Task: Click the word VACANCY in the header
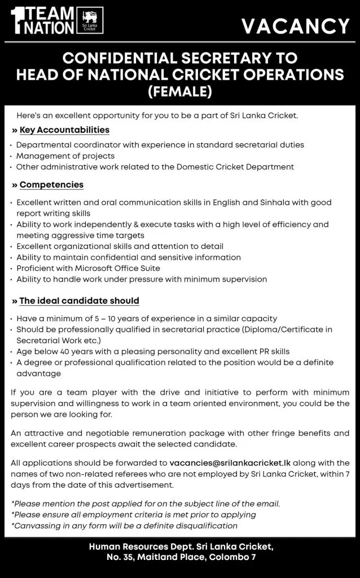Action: (296, 27)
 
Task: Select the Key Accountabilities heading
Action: (64, 130)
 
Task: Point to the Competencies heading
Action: (51, 185)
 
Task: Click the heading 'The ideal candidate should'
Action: (79, 301)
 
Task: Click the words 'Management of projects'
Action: (65, 156)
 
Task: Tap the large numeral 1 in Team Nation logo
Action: (17, 21)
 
